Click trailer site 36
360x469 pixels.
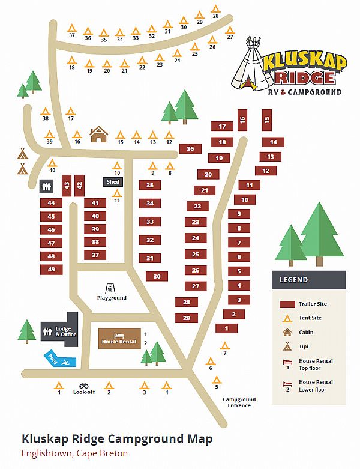tap(190, 148)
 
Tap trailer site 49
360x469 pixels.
tap(52, 270)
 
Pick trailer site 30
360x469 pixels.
tap(157, 277)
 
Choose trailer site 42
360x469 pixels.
tap(79, 186)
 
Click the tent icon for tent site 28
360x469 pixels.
tap(216, 8)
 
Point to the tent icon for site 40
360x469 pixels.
tap(52, 162)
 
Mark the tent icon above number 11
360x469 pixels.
tap(118, 193)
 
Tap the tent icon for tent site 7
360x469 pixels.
tap(225, 345)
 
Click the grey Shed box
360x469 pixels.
tap(113, 182)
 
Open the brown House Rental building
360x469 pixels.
tap(119, 338)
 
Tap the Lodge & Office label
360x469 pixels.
tap(64, 332)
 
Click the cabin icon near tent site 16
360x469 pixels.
tap(98, 134)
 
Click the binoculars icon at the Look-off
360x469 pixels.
tap(83, 386)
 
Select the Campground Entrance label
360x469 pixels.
tap(239, 402)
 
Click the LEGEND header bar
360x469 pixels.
tap(308, 279)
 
